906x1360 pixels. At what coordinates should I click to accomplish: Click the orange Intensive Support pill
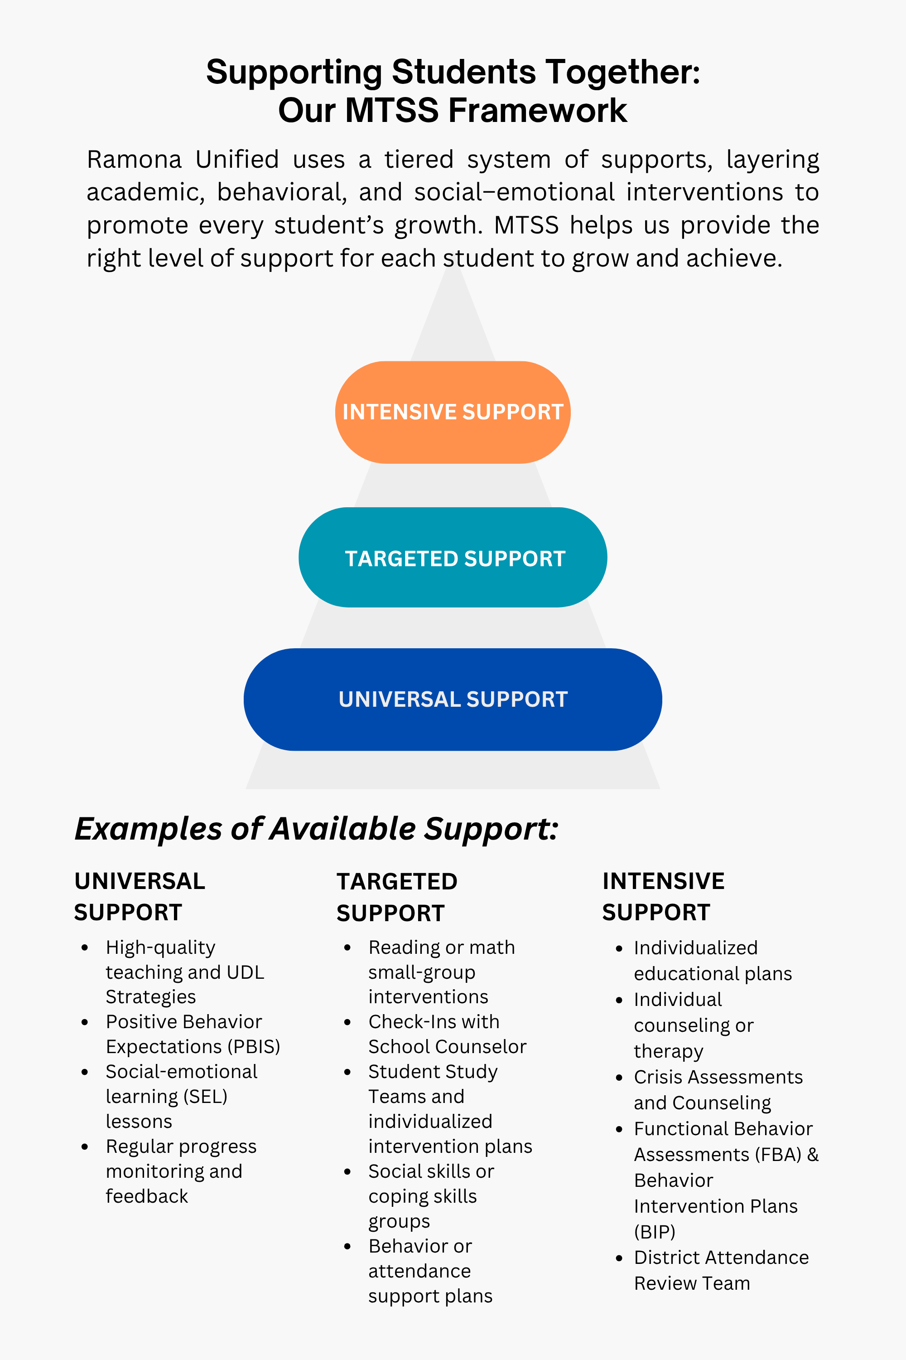(453, 412)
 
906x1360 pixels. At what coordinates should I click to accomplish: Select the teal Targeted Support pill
(453, 558)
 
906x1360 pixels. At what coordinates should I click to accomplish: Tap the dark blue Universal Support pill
(453, 699)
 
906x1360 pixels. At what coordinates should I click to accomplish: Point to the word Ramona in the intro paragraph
(134, 160)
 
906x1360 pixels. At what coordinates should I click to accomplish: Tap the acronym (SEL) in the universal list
(205, 1096)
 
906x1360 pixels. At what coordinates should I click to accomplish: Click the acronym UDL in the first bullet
(245, 972)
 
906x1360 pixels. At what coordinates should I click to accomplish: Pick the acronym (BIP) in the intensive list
(654, 1232)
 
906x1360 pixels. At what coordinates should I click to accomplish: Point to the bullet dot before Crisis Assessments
(619, 1078)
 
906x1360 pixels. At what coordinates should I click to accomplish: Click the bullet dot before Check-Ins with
(347, 1022)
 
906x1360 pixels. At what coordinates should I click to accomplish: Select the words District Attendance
(721, 1257)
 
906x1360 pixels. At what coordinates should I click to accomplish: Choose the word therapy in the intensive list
(669, 1051)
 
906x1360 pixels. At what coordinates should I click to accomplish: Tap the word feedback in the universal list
(147, 1196)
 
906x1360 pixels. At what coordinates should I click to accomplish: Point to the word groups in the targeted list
(399, 1221)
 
